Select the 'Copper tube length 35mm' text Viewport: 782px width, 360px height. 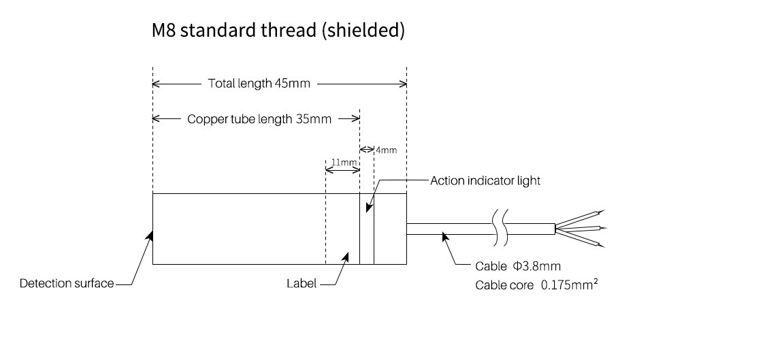[x=259, y=119]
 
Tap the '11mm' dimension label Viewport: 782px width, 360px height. [x=344, y=163]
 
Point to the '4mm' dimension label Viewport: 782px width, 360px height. [x=385, y=149]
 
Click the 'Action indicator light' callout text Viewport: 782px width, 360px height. [x=485, y=181]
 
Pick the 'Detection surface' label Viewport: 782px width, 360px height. [x=67, y=283]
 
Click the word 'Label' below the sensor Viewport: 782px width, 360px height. [x=301, y=283]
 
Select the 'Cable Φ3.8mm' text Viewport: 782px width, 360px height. [x=518, y=266]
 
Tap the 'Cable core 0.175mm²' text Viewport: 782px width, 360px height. [x=536, y=284]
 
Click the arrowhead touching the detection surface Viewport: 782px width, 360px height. [x=151, y=235]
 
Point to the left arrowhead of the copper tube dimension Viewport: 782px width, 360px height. [x=156, y=119]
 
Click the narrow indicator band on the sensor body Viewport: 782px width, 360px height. [x=367, y=229]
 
